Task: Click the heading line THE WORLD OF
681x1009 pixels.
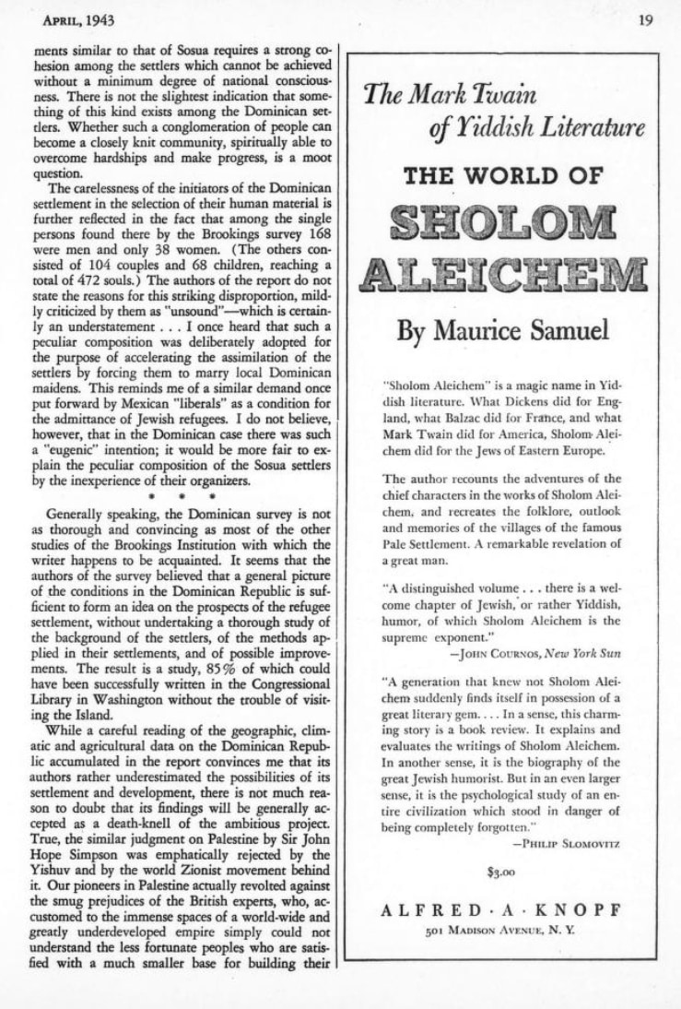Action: (503, 175)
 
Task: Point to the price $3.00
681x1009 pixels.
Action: (500, 870)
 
